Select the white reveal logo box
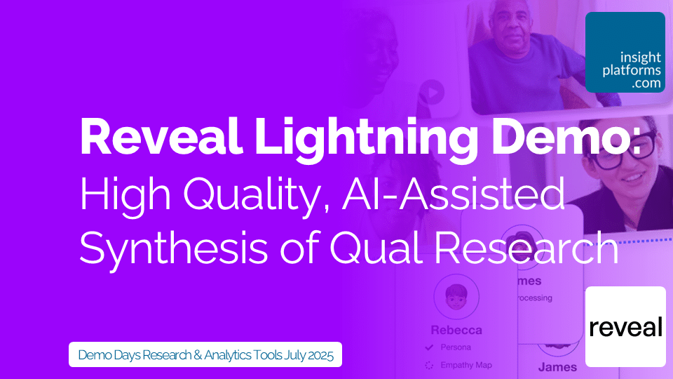pos(625,326)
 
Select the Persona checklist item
pos(455,347)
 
